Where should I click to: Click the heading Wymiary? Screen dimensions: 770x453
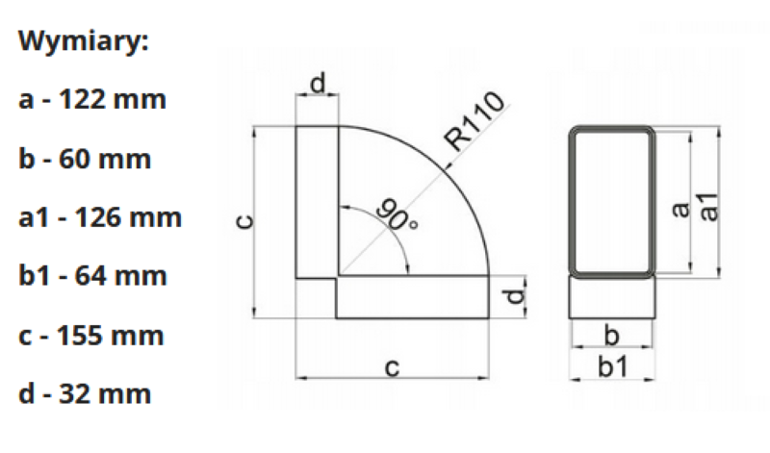tap(83, 41)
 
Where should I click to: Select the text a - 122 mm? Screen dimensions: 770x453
tap(92, 100)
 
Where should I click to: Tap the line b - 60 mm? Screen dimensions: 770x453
tap(85, 159)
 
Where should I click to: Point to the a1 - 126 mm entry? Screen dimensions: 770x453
tap(100, 217)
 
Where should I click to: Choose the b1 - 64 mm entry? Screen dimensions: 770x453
tap(92, 275)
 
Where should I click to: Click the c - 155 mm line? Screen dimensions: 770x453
tap(90, 336)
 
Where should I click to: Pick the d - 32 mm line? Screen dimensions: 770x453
tap(85, 393)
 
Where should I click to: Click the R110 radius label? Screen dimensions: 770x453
tap(474, 120)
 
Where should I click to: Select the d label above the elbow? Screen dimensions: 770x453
tap(319, 83)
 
